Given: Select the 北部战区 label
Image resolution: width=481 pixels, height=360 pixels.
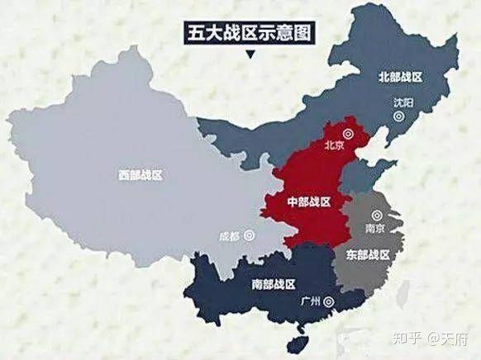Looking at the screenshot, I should coord(400,77).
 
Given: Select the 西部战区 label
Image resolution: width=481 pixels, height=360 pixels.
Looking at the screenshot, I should coord(140,175).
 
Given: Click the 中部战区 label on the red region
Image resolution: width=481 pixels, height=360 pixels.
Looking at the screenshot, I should coord(308,201).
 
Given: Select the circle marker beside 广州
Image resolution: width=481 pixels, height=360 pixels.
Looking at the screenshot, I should coord(331,301).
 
